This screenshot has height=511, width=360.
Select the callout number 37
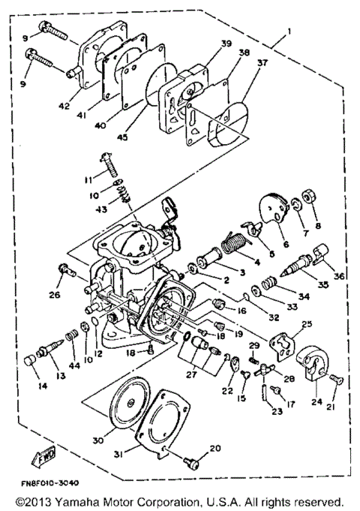pyautogui.click(x=262, y=65)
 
